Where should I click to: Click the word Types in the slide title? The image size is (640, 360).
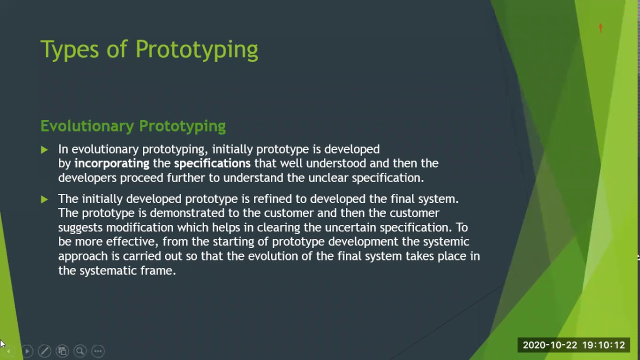[69, 50]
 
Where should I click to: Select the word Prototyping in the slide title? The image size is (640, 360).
[196, 50]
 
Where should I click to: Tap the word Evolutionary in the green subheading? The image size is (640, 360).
[87, 126]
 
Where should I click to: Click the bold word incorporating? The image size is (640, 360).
[111, 163]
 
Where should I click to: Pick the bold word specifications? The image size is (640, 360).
[212, 163]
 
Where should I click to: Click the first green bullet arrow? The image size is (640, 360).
[44, 149]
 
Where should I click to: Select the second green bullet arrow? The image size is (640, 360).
[44, 199]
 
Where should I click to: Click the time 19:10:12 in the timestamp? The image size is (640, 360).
[603, 345]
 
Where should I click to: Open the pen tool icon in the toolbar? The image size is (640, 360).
[44, 351]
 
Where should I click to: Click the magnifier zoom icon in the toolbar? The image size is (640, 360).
[80, 351]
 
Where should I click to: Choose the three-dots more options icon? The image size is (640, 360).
[98, 351]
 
